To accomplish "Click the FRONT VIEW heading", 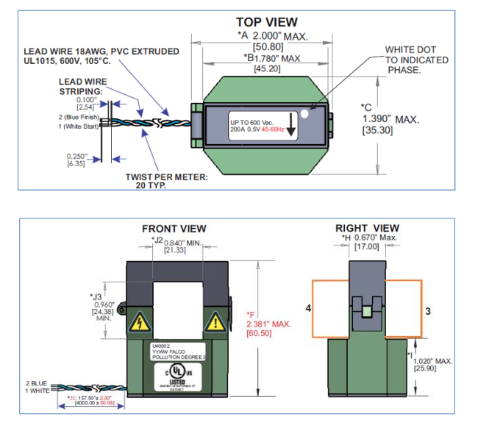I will click(x=174, y=229).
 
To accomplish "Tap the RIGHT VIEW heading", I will click(x=367, y=228).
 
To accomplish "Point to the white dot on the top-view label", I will click(x=315, y=113).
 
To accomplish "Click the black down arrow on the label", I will click(x=292, y=126).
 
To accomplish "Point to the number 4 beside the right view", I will click(x=308, y=310).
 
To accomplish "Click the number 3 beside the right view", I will click(x=428, y=310).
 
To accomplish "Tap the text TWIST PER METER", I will click(x=165, y=177).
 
